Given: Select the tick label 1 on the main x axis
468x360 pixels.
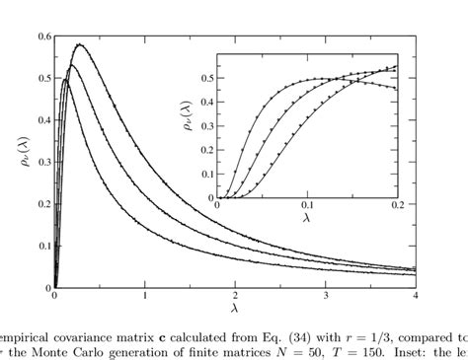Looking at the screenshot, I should tap(144, 296).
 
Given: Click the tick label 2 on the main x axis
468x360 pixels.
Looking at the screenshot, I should tap(235, 296).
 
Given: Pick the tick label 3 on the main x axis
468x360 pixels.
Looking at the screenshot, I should tap(326, 296).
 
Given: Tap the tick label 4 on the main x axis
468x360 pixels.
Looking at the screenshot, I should tap(416, 296).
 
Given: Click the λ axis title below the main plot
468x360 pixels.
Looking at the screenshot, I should tap(235, 308).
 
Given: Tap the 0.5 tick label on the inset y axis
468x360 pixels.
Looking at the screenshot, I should tap(207, 76).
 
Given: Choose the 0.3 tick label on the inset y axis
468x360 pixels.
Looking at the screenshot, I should tap(207, 124).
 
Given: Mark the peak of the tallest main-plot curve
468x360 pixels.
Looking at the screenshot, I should tap(79, 44).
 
